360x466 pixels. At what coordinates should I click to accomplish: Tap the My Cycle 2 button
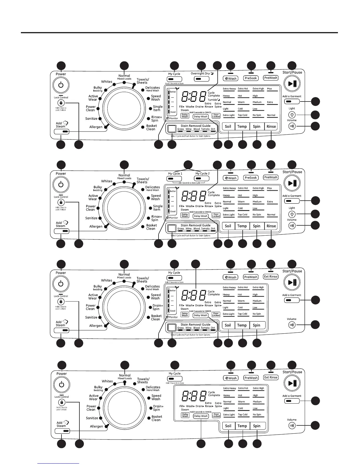(x=202, y=178)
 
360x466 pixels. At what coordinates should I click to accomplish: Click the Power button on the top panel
(x=61, y=85)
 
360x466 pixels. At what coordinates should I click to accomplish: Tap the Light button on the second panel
(x=292, y=214)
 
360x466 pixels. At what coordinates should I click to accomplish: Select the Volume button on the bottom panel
(x=292, y=425)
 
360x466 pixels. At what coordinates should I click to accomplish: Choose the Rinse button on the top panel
(x=271, y=127)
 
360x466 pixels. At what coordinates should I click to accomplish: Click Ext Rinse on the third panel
(x=271, y=277)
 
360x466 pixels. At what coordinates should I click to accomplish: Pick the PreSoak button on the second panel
(x=251, y=178)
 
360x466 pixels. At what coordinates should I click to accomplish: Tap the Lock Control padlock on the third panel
(x=61, y=302)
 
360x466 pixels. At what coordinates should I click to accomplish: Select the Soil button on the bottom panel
(x=228, y=426)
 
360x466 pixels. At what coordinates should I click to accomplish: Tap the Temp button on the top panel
(x=242, y=127)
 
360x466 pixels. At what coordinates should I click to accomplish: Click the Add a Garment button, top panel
(x=292, y=101)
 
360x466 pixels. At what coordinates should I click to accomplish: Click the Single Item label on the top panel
(x=157, y=108)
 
